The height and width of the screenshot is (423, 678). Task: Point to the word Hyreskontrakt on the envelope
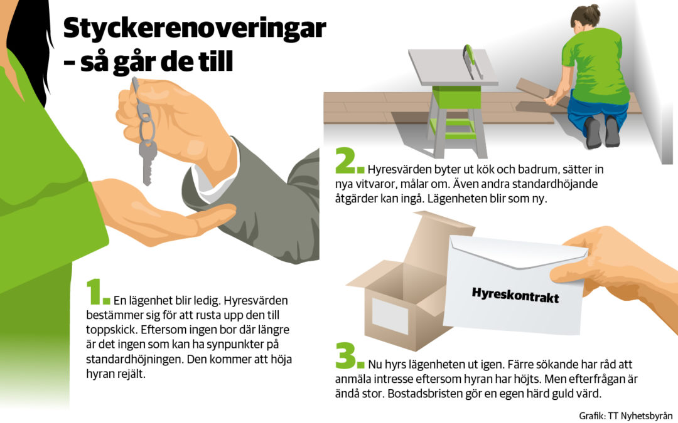point(515,295)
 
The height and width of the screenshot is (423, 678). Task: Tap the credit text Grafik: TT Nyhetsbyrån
point(626,415)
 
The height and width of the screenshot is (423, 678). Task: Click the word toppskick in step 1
point(111,330)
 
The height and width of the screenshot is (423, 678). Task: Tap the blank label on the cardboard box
point(390,316)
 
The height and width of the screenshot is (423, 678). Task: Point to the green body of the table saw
point(456,97)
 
